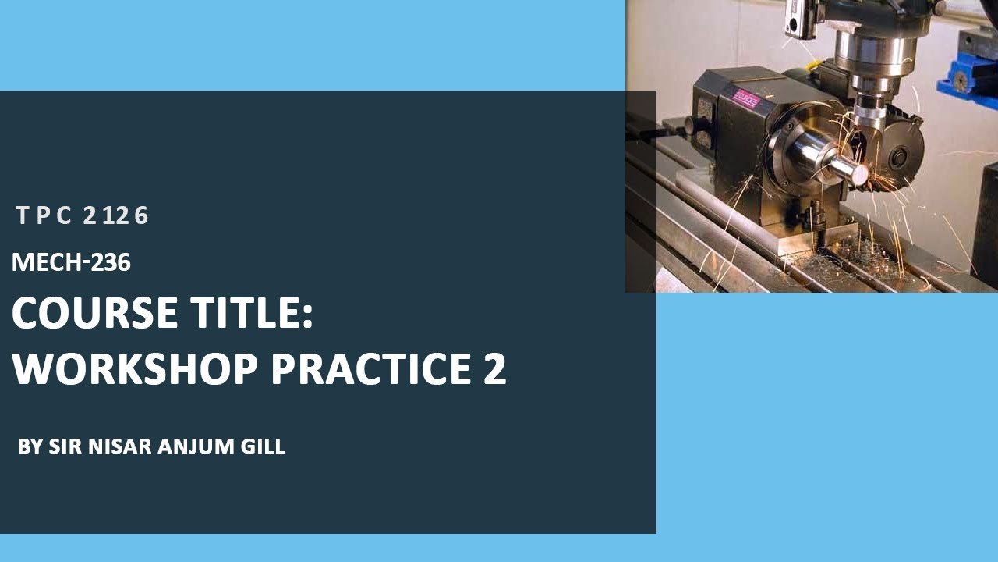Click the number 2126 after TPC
point(115,215)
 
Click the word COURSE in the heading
point(94,313)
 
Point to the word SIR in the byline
point(62,446)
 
